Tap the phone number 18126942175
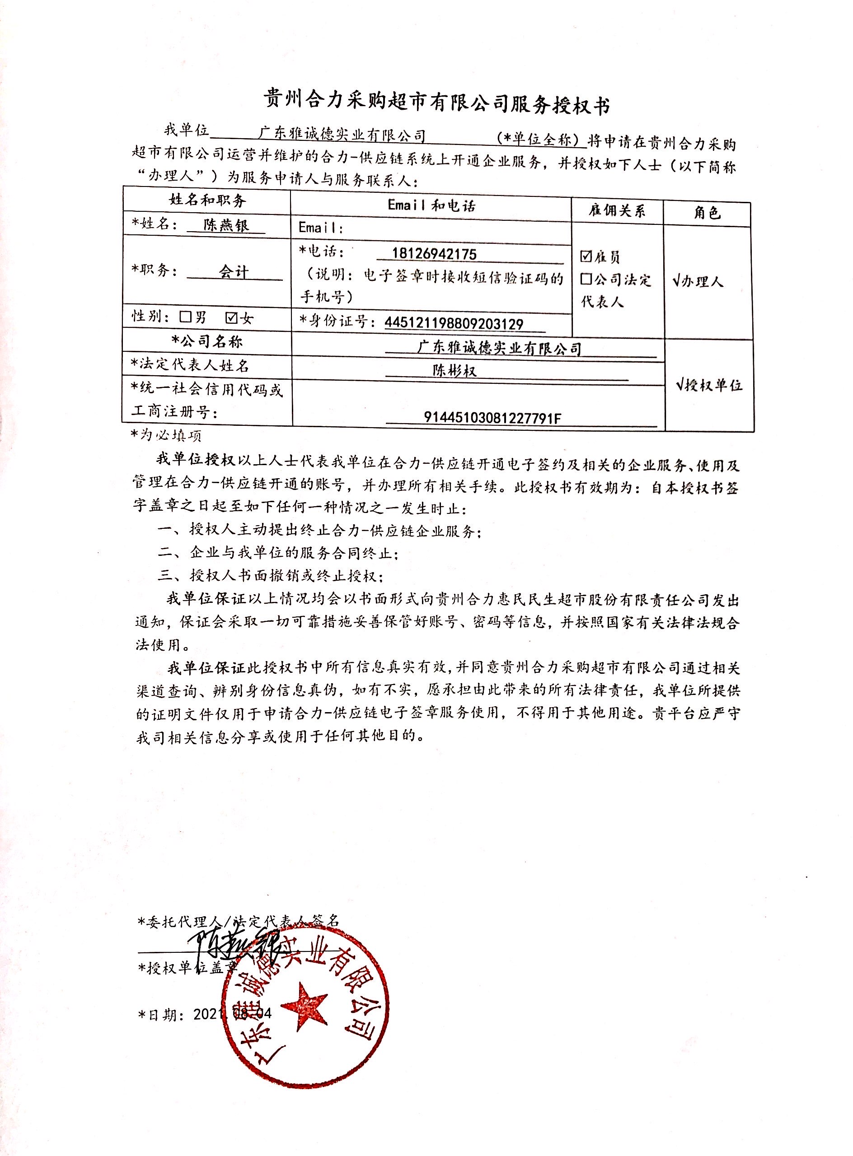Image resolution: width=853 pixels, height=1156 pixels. pyautogui.click(x=434, y=253)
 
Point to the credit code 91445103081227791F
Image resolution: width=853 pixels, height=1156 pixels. pyautogui.click(x=492, y=418)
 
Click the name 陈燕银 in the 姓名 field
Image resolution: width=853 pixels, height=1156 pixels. pyautogui.click(x=226, y=225)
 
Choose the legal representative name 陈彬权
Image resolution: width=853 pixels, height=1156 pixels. pyautogui.click(x=455, y=371)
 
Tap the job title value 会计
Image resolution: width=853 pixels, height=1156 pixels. pyautogui.click(x=234, y=271)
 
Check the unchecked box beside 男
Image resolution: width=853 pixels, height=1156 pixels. pyautogui.click(x=185, y=317)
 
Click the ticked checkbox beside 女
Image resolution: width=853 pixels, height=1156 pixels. pyautogui.click(x=232, y=317)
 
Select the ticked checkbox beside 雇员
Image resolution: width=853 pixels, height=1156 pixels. pyautogui.click(x=586, y=256)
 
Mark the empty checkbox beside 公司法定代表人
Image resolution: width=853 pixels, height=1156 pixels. pyautogui.click(x=586, y=279)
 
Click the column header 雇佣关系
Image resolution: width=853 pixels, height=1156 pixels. pyautogui.click(x=617, y=210)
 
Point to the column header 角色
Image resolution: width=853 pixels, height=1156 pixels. pyautogui.click(x=707, y=213)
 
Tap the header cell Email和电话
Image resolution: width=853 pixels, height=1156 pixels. pyautogui.click(x=431, y=205)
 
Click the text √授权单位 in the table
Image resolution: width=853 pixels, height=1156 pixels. pyautogui.click(x=709, y=385)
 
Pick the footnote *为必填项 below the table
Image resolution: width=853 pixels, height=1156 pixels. pyautogui.click(x=166, y=435)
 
